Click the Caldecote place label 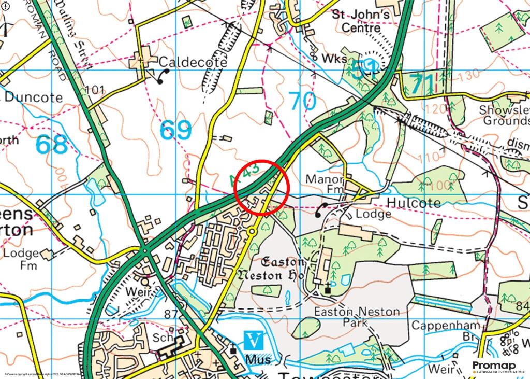(x=193, y=62)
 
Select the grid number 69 (x=175, y=130)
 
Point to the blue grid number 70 (x=302, y=101)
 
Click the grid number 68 (x=52, y=145)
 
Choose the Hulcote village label (x=412, y=202)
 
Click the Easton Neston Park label (x=357, y=317)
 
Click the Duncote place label (x=34, y=97)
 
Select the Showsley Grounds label (x=504, y=115)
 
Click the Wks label (x=334, y=59)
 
